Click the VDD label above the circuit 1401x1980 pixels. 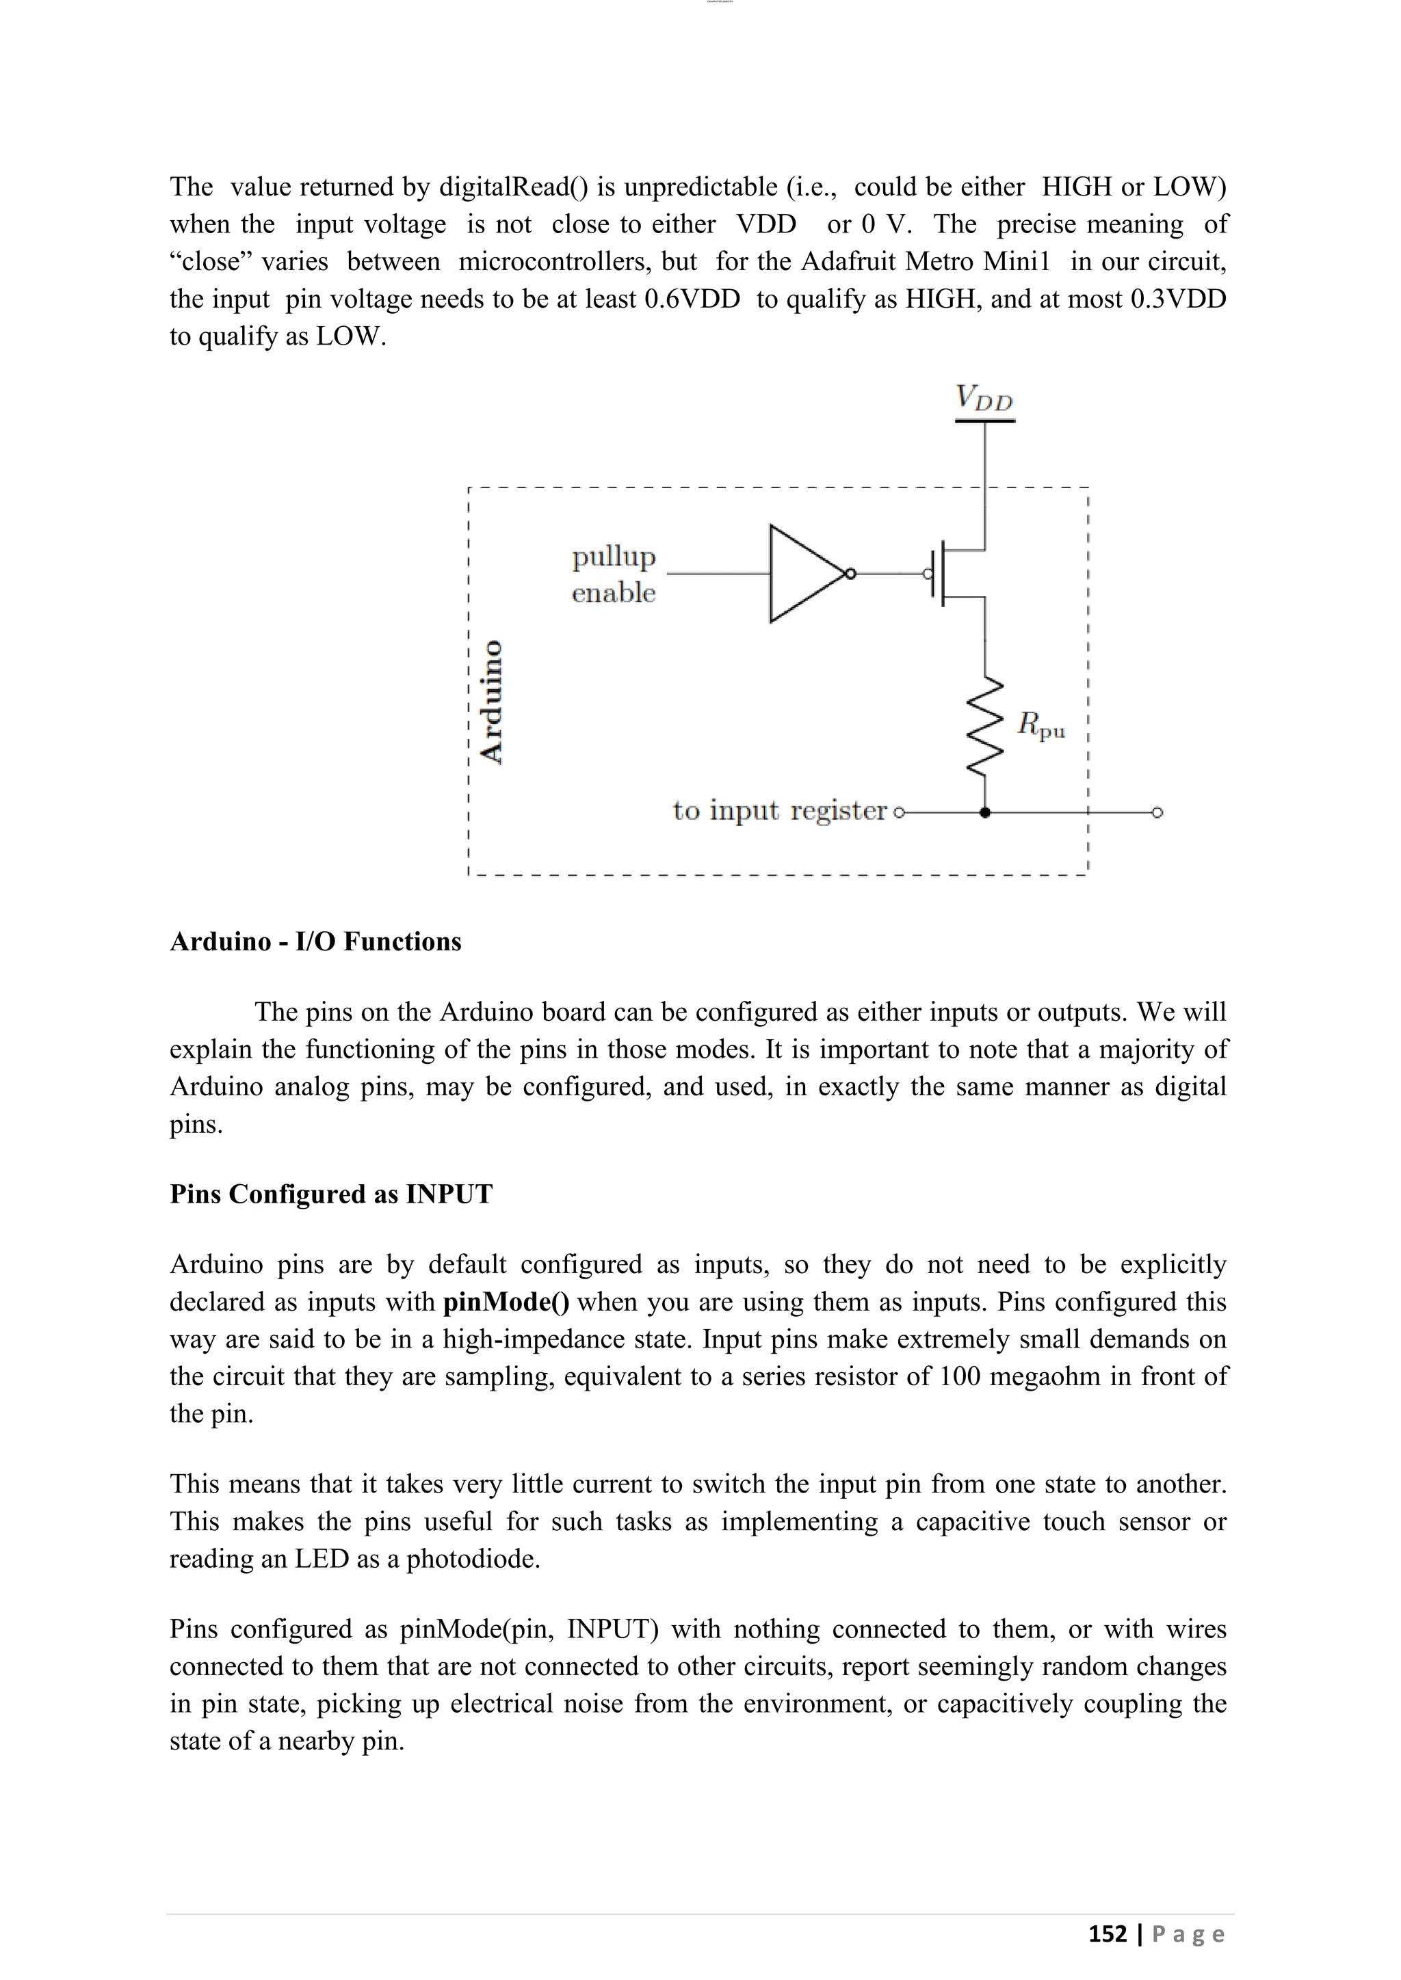(x=984, y=399)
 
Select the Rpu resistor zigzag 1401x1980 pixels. (x=985, y=725)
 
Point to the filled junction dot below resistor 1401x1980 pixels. (x=985, y=812)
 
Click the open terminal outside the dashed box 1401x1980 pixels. (x=1157, y=812)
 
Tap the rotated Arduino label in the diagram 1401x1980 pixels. (x=492, y=700)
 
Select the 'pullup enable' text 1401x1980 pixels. (x=614, y=574)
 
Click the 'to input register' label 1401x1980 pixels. (x=779, y=811)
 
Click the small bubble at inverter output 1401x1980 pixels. (x=850, y=574)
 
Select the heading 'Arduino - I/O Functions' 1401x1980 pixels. (x=316, y=941)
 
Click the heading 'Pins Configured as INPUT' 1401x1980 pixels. (x=331, y=1194)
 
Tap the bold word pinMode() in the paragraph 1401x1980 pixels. (x=506, y=1301)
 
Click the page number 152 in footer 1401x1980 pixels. (x=1107, y=1934)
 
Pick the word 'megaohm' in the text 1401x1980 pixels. (x=1045, y=1376)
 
